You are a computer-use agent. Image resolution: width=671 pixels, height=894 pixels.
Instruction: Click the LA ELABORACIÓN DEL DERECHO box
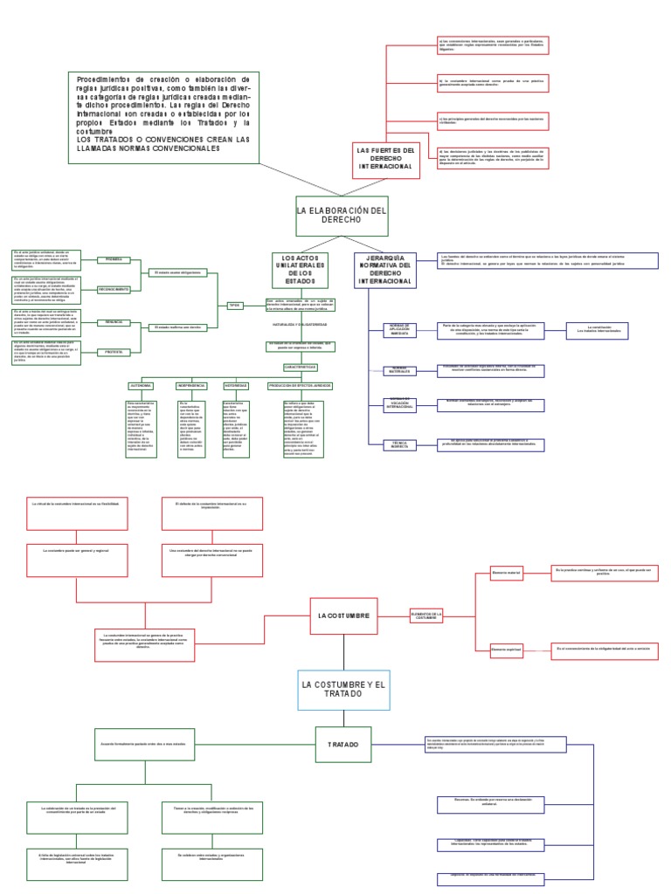coord(329,217)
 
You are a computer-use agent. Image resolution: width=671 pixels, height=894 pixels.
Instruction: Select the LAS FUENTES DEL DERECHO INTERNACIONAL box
coord(384,158)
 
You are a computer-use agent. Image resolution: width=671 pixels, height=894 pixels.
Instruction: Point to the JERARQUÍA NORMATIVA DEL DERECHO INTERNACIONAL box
coord(384,270)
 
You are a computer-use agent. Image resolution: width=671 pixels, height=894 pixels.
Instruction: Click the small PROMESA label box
coord(114,260)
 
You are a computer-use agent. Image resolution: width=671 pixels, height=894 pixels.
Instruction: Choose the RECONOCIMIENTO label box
coord(114,289)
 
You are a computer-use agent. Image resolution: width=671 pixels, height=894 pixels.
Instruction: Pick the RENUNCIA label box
coord(114,322)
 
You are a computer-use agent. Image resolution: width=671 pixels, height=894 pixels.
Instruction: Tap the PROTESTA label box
coord(114,352)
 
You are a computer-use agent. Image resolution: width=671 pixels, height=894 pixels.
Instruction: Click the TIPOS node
coord(234,305)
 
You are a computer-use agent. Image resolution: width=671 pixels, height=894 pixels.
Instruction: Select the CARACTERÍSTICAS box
coord(299,368)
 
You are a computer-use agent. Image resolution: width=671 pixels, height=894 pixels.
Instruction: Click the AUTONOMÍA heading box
coord(141,385)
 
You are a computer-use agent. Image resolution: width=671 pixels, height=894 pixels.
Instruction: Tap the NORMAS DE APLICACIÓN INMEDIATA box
coord(400,330)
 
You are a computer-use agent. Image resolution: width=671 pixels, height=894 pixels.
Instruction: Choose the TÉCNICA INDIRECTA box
coord(400,444)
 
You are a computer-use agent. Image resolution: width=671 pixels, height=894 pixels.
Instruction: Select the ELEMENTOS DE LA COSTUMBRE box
coord(427,616)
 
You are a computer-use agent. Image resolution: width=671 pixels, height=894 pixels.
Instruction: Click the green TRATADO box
coord(342,745)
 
